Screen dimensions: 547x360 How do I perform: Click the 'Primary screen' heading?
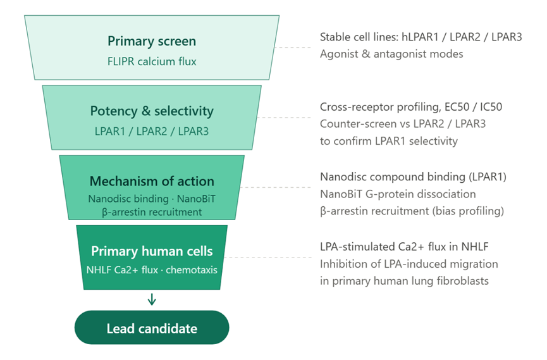(152, 41)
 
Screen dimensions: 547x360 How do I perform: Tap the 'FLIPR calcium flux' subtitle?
(152, 61)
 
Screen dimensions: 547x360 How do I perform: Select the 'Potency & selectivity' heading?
(152, 111)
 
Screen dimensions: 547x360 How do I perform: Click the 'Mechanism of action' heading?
(152, 181)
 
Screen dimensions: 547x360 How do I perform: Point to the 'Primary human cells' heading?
(152, 251)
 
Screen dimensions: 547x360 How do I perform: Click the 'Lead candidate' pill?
(152, 328)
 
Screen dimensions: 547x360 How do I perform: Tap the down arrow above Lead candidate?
(152, 299)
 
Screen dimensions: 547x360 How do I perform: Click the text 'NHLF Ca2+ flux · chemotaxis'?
(152, 270)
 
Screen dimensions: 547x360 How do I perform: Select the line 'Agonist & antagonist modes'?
(391, 54)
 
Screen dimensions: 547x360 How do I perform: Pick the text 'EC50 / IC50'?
(474, 107)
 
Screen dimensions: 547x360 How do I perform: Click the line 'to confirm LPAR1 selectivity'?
(389, 141)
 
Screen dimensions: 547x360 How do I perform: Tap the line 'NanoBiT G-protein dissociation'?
(398, 194)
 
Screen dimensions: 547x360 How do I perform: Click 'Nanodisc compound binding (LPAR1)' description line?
(413, 177)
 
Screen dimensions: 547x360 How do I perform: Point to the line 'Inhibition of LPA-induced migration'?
(409, 264)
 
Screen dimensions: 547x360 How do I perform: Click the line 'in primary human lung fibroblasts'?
(404, 281)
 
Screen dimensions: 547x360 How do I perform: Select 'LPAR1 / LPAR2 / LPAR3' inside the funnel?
(152, 132)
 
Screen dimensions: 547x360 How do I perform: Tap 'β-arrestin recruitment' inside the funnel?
(152, 212)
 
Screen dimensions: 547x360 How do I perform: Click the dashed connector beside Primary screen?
(292, 47)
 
